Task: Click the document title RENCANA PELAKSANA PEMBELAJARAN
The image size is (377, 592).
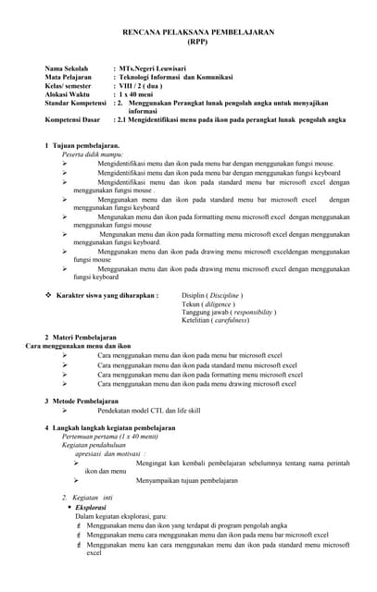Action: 198,32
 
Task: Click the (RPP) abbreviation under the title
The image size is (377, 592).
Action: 198,42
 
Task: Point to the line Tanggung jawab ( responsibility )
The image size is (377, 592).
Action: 229,312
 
